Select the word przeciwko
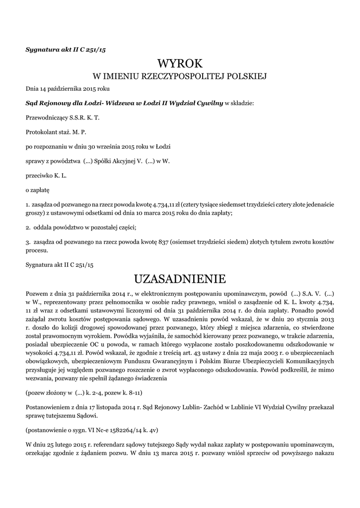click(x=38, y=176)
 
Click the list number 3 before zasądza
click(x=27, y=241)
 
